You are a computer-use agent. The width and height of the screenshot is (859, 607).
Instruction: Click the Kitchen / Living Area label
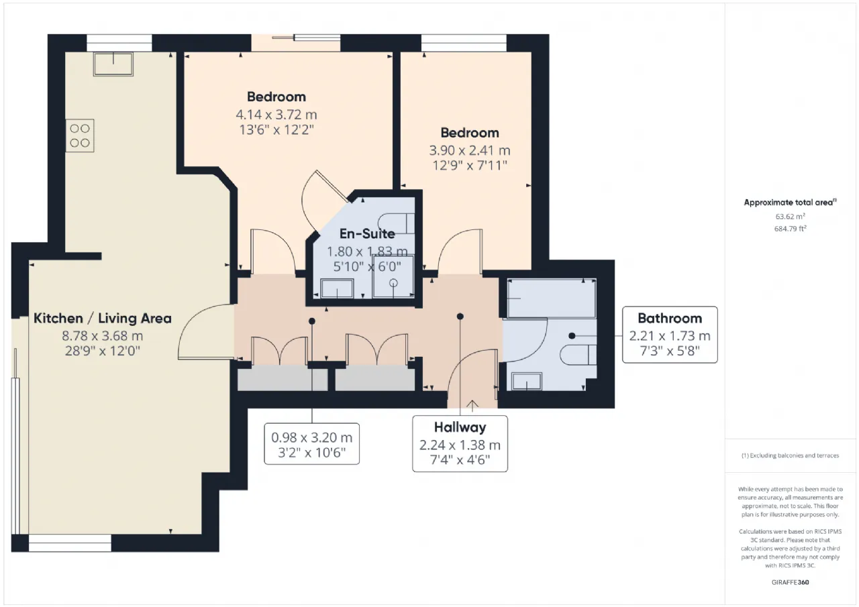(x=103, y=319)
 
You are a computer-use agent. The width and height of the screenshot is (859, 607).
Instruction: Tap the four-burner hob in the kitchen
(x=80, y=135)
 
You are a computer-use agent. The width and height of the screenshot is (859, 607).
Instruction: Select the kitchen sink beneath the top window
(x=113, y=64)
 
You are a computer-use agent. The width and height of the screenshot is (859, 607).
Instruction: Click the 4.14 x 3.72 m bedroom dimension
(x=276, y=115)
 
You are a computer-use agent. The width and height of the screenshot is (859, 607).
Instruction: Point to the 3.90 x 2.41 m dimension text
(x=470, y=151)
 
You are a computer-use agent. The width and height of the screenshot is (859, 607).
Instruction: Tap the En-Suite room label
(x=367, y=234)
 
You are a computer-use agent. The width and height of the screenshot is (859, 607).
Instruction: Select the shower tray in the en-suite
(x=393, y=276)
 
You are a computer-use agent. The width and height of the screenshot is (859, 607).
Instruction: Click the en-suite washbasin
(x=337, y=288)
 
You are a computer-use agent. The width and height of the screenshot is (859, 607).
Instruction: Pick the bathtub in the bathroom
(x=552, y=298)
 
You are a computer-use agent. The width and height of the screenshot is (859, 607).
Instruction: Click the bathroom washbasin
(x=527, y=381)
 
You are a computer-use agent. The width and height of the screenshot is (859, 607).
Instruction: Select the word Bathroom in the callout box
(x=670, y=319)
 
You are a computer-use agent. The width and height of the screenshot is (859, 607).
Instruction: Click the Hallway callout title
(x=460, y=427)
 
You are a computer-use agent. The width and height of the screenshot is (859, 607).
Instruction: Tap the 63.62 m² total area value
(x=790, y=217)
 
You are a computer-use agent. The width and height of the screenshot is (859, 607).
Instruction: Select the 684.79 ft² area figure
(x=790, y=229)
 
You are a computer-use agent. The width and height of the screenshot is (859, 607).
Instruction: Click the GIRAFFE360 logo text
(x=790, y=582)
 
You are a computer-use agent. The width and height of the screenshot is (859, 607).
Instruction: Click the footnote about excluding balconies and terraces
(x=790, y=455)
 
